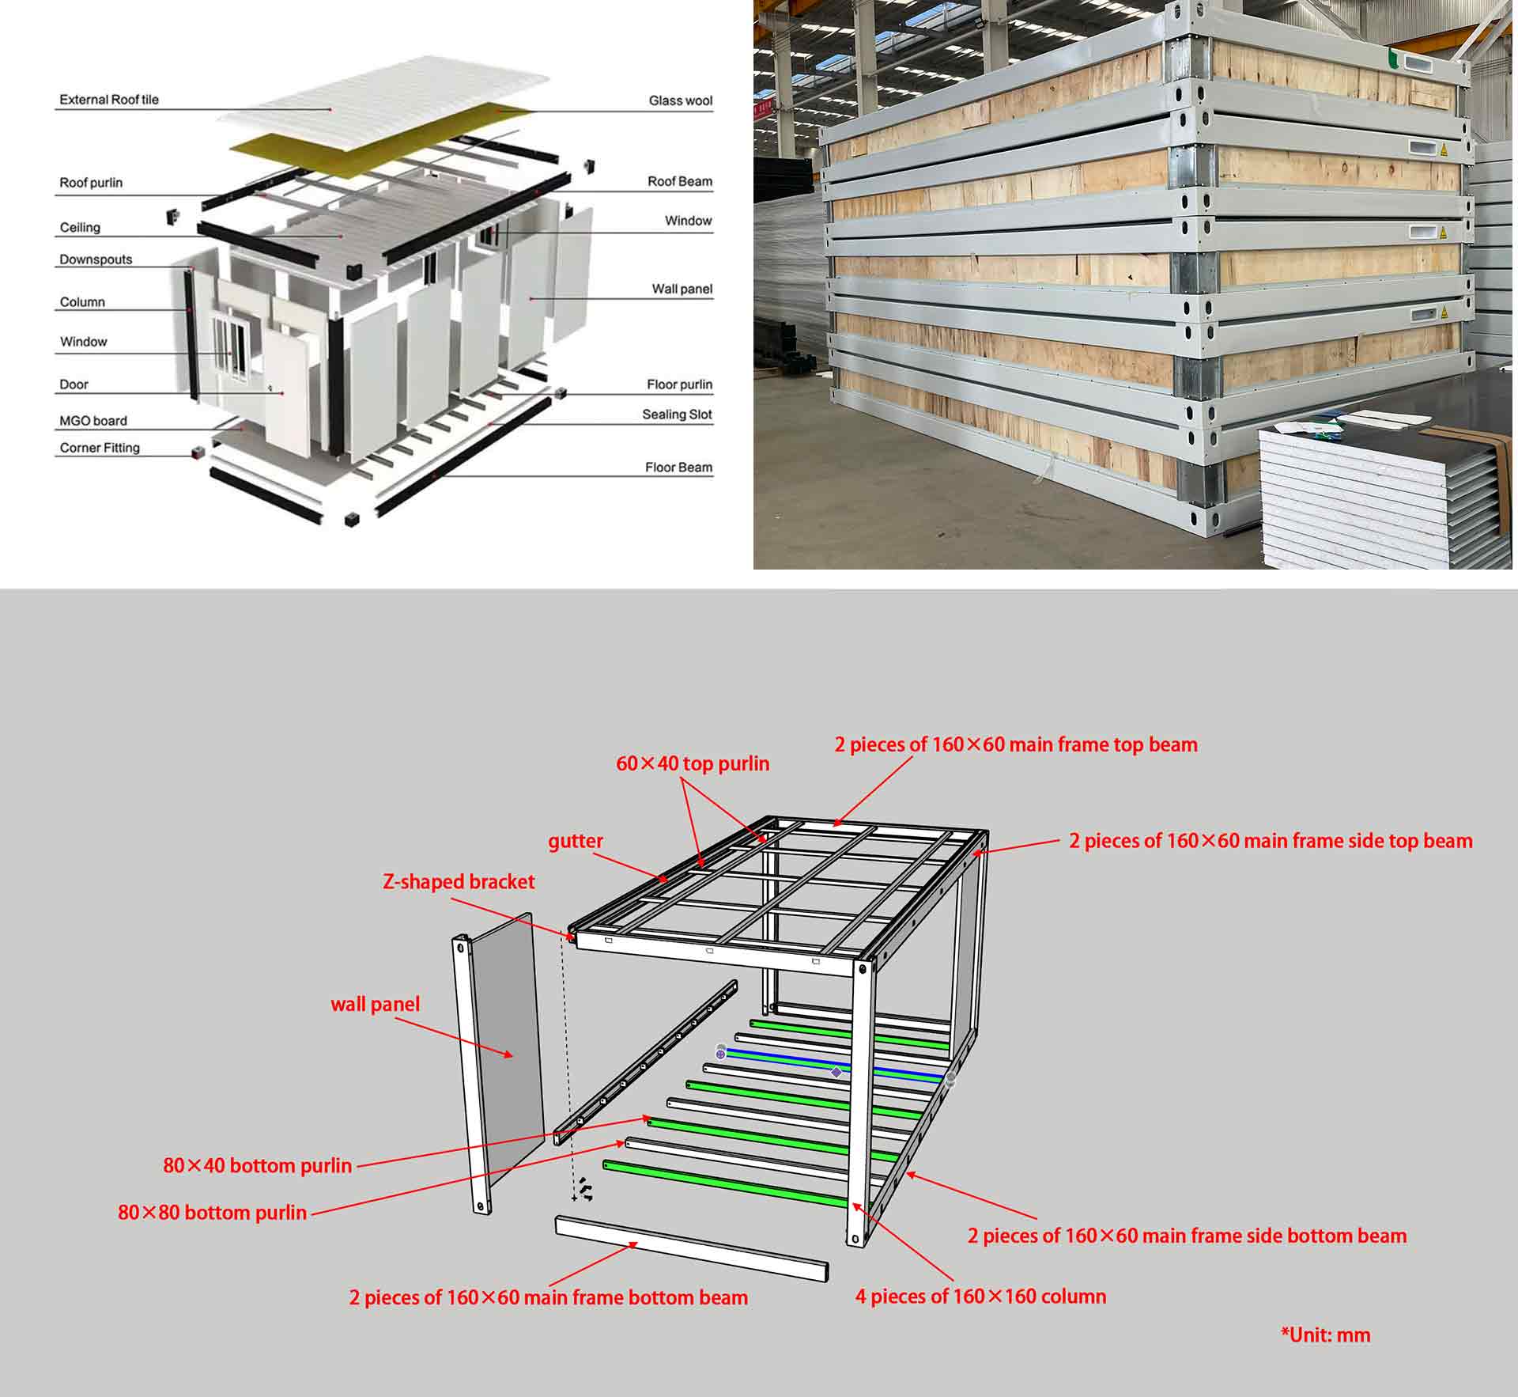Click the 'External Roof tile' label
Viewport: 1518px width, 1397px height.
click(109, 100)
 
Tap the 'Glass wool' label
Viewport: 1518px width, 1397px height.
click(680, 100)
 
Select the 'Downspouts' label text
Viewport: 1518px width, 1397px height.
click(96, 259)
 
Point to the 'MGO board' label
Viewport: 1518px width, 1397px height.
click(93, 421)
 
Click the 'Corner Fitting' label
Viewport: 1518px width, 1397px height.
click(100, 448)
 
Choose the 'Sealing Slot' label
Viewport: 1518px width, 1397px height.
click(677, 415)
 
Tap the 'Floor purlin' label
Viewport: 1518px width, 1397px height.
click(679, 384)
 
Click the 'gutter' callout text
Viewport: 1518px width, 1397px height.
click(576, 841)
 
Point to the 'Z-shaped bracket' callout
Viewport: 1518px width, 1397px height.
click(459, 881)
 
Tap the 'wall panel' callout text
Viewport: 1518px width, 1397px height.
click(375, 1004)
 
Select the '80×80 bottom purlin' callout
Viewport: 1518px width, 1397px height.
click(212, 1212)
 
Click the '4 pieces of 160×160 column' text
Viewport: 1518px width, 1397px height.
click(980, 1296)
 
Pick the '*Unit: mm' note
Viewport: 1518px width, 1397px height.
click(1325, 1335)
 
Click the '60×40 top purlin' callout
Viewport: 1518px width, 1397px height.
click(693, 763)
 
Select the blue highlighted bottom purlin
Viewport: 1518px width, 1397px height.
click(834, 1065)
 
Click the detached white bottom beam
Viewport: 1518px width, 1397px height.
click(691, 1248)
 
